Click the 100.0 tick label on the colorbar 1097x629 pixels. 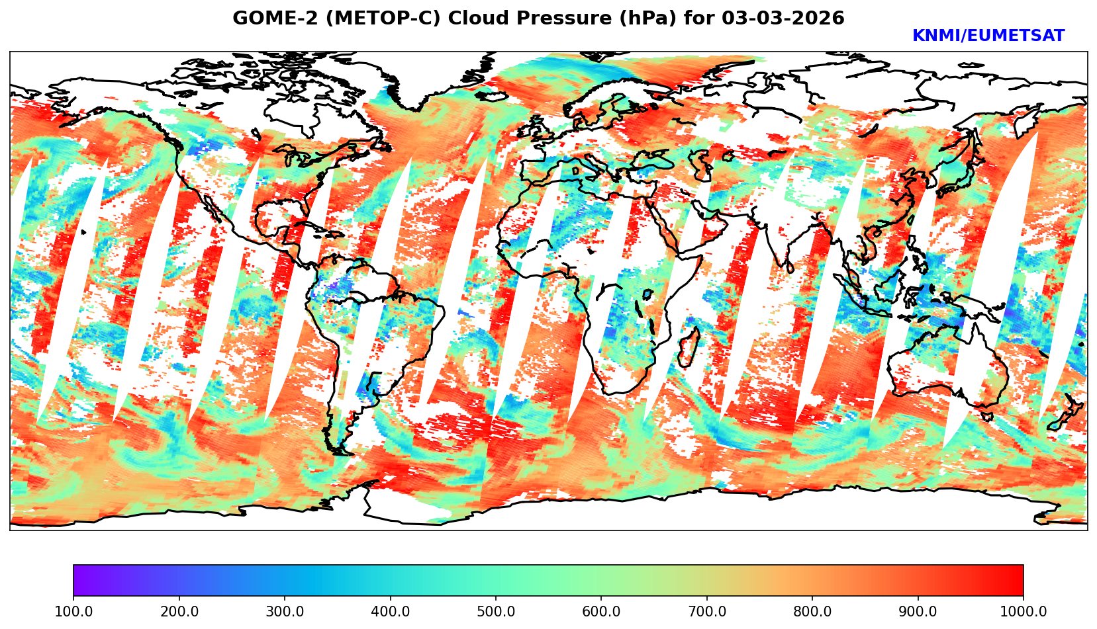click(73, 612)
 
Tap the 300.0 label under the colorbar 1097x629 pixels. click(285, 612)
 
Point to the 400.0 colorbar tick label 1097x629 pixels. click(390, 612)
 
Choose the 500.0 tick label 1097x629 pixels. click(496, 612)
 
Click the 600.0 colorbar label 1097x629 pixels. click(601, 612)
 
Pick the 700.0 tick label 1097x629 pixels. click(707, 612)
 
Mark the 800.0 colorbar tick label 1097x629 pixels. click(812, 612)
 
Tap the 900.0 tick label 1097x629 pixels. click(918, 612)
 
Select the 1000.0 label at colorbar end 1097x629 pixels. click(1024, 612)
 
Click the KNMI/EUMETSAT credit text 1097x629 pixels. click(988, 36)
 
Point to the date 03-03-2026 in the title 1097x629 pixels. click(783, 19)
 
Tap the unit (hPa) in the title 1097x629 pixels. click(638, 19)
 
